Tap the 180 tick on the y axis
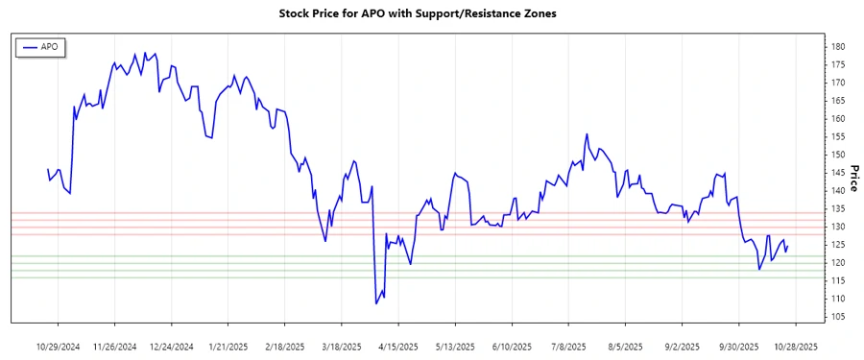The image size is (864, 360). point(837,47)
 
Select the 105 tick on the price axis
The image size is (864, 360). point(837,317)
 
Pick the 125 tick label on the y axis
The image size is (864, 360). point(837,245)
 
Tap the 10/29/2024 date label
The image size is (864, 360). point(59,346)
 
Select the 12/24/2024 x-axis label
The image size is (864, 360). point(172,346)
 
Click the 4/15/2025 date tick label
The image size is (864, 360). point(398,346)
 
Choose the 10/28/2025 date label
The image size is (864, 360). point(795,346)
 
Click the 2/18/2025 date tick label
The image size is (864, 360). point(285,346)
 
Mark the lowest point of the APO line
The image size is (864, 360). point(375,303)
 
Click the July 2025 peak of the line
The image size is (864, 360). point(586,134)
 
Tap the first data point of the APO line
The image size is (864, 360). point(48,169)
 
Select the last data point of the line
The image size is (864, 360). point(788,247)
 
